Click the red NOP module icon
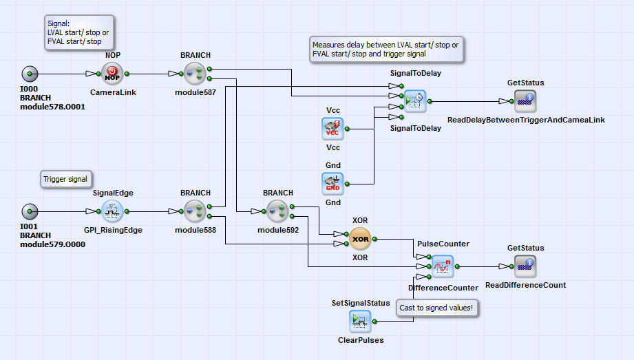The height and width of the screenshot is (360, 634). click(111, 73)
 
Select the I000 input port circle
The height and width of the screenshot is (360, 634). click(30, 73)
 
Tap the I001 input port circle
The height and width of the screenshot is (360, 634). click(30, 211)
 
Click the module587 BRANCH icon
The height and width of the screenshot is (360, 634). click(195, 73)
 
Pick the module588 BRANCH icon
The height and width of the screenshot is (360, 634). click(195, 211)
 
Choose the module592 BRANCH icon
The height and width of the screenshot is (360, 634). click(277, 211)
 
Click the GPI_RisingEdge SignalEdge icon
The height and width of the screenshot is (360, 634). click(112, 211)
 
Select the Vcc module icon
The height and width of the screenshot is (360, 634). click(332, 128)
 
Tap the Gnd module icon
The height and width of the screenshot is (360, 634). click(332, 183)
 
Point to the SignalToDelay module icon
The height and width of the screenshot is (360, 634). click(415, 101)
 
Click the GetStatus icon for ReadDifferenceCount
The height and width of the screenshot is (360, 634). click(525, 266)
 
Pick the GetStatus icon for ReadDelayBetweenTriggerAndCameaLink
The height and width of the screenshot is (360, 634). click(525, 101)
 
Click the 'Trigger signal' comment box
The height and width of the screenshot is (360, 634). click(66, 179)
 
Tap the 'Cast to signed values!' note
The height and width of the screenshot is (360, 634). click(438, 308)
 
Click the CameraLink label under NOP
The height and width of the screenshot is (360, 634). click(111, 92)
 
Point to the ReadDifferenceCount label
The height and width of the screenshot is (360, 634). click(525, 285)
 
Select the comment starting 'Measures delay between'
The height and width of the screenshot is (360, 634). click(385, 50)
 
